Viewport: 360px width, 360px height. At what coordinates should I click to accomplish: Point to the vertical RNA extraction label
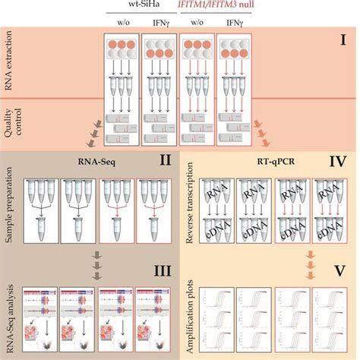pos(10,68)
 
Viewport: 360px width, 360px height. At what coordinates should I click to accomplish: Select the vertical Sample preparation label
pos(10,205)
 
